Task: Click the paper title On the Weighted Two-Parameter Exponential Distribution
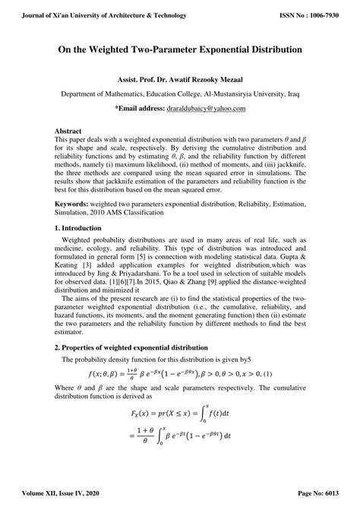[x=180, y=49]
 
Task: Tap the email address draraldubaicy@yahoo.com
[x=205, y=109]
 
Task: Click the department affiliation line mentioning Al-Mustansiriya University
[x=180, y=94]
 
